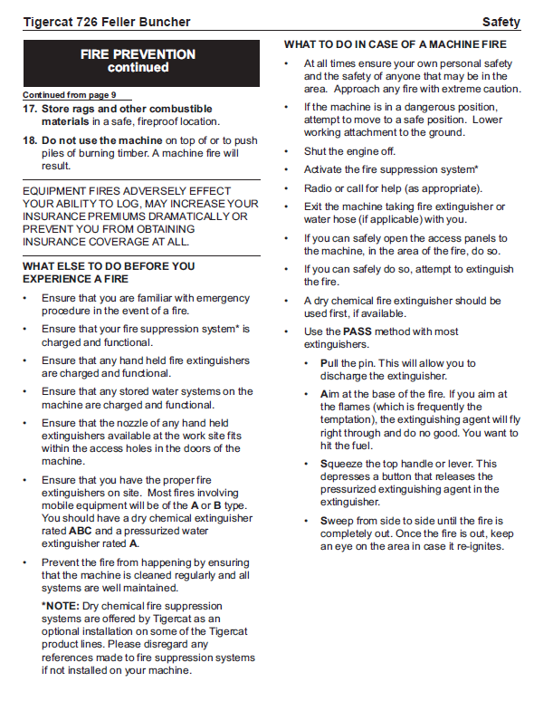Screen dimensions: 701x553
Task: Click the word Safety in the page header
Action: coord(501,22)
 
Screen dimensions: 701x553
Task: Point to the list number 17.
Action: coord(30,109)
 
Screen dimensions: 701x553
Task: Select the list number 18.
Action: coord(30,140)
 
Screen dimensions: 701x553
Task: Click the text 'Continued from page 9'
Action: coord(76,95)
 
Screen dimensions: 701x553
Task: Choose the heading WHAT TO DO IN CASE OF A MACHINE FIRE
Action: coord(396,44)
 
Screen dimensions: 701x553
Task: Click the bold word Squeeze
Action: coord(343,464)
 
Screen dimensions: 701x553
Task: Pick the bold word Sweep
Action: coord(337,521)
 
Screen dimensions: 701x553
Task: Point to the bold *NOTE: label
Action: coord(60,606)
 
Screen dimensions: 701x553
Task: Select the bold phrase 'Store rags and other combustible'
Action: coord(127,109)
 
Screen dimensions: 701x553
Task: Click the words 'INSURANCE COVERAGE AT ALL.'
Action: coord(106,242)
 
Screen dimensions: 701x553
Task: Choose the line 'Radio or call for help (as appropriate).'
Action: coord(393,188)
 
